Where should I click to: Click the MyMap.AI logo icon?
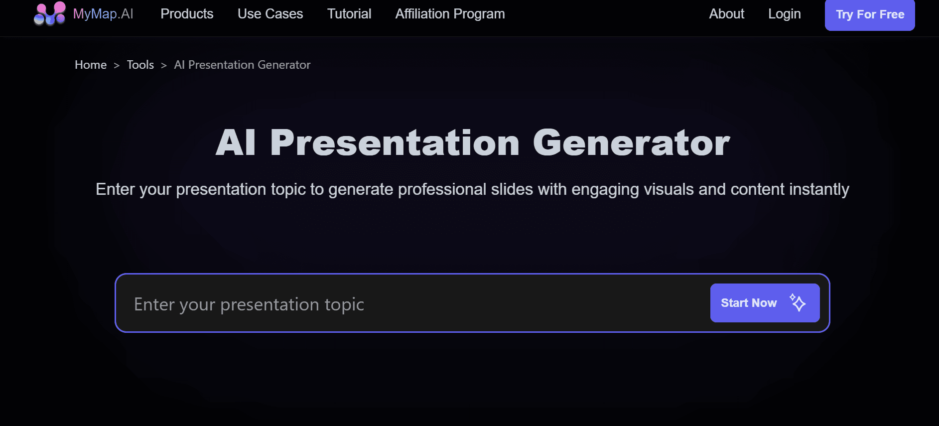[49, 13]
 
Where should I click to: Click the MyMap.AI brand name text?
[103, 14]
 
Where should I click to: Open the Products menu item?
[187, 14]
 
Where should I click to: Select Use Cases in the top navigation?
[270, 14]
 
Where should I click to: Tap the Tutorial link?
[349, 14]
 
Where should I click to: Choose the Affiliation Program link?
[450, 14]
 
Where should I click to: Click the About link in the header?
[726, 14]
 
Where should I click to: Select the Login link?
[784, 14]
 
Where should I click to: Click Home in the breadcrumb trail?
[91, 65]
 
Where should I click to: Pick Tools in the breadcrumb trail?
[140, 65]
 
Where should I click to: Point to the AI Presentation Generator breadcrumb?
[242, 65]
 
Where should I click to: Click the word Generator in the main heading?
[631, 143]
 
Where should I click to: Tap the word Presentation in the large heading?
[395, 143]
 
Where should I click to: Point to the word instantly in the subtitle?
[819, 189]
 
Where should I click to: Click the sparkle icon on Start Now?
[798, 302]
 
